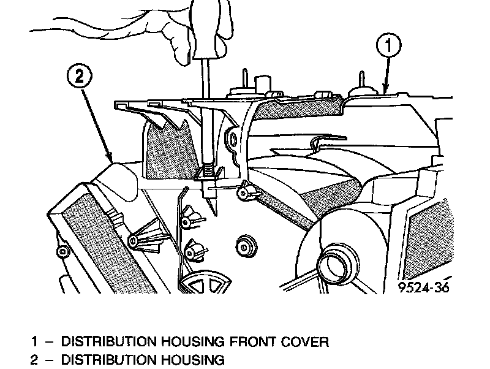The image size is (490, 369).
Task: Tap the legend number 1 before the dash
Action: (x=34, y=341)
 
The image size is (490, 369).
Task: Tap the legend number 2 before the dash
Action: (x=34, y=359)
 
